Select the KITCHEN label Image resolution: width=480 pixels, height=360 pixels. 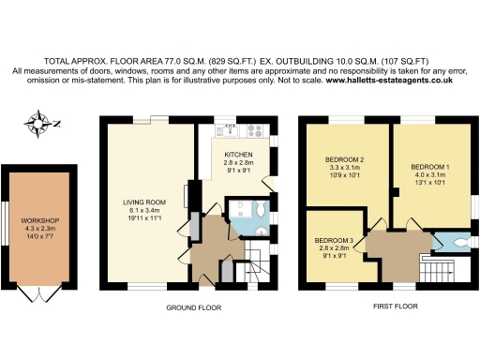(237, 154)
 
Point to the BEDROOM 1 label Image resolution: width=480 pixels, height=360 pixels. (431, 167)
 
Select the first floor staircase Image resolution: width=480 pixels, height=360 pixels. (438, 268)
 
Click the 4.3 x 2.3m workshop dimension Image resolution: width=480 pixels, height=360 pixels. (40, 229)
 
